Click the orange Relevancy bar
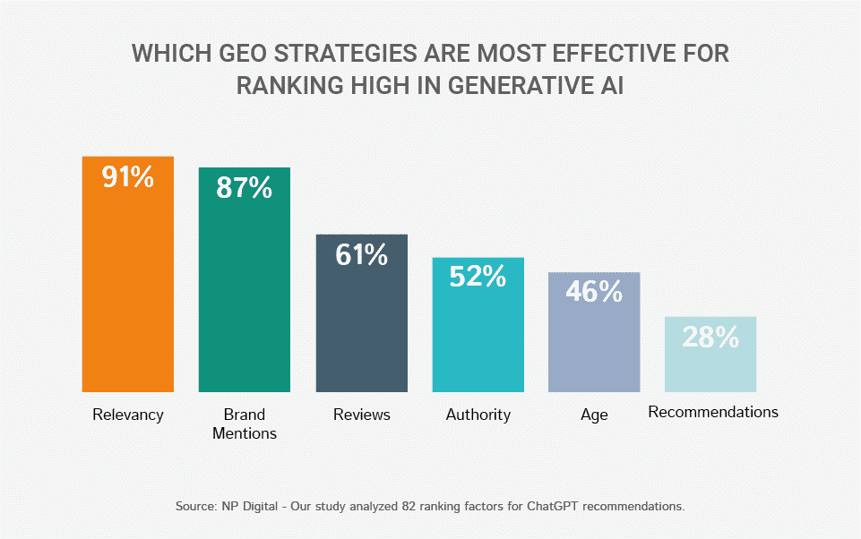pos(127,287)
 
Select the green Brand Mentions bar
pos(244,295)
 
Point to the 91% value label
pos(127,176)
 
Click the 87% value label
pos(244,187)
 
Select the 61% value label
pos(361,254)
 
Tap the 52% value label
pos(478,277)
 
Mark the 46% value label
pos(594,291)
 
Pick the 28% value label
pos(710,337)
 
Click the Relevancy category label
pos(128,415)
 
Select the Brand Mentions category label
pos(245,423)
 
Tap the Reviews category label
pos(362,415)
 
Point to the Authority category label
pos(478,415)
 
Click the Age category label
pos(594,415)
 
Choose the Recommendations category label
pos(713,413)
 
